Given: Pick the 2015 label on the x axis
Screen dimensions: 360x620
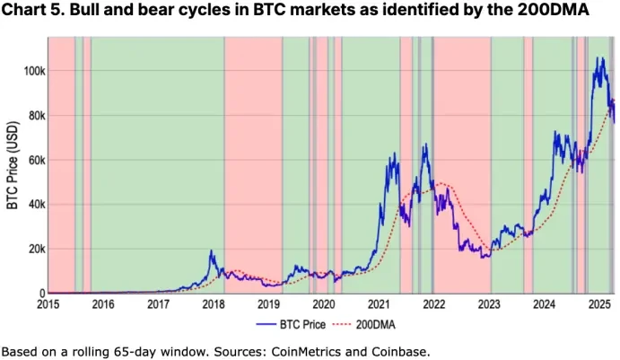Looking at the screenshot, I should tap(48, 304).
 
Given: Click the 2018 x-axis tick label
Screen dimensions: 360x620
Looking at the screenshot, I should tap(214, 304).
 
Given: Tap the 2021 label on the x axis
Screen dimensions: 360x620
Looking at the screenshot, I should tap(379, 304).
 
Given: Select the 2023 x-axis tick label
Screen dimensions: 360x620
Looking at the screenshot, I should tap(489, 304).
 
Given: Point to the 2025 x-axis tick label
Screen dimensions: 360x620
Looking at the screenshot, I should tap(598, 304).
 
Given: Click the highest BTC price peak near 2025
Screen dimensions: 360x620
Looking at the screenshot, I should tap(598, 58).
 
